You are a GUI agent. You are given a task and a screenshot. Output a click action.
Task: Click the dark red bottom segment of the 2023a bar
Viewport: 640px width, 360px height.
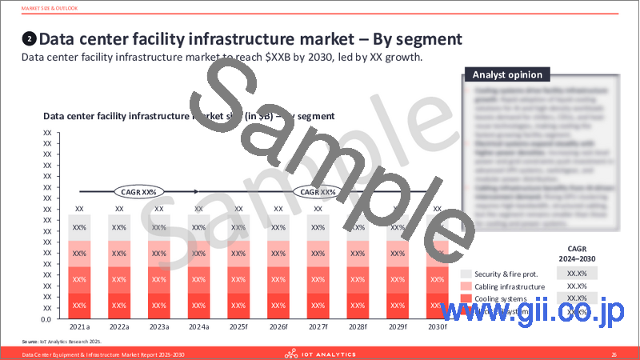point(158,306)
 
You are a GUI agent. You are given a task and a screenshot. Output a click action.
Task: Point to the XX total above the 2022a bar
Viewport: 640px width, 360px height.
point(119,209)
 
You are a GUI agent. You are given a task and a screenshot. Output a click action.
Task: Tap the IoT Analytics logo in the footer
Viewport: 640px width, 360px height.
point(320,352)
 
